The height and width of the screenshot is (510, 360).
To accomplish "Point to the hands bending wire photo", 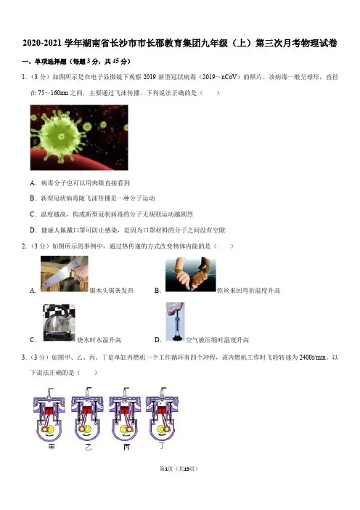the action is tap(190, 274).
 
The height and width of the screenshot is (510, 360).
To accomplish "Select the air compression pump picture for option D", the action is tap(176, 321).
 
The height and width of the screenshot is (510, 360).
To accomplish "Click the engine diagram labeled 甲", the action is tap(49, 414).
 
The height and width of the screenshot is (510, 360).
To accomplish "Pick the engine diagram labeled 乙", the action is tap(87, 414).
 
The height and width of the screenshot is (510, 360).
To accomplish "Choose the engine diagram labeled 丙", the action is tap(125, 414).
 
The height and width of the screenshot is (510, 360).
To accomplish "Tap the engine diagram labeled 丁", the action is tap(162, 414).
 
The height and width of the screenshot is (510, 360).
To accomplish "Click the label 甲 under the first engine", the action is tap(52, 447).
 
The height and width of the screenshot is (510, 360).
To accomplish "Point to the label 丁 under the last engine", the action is tap(162, 445).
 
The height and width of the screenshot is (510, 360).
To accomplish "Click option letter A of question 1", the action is tap(33, 183).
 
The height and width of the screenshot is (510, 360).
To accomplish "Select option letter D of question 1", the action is tap(33, 230).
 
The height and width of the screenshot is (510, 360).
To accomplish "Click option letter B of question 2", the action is tap(157, 291).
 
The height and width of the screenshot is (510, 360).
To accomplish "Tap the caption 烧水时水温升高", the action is tap(99, 340).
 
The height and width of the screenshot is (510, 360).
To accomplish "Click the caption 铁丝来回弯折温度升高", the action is tap(248, 291).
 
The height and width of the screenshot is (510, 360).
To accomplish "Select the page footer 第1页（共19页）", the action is tap(179, 469).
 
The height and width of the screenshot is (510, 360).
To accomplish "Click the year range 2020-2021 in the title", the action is tap(42, 44).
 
